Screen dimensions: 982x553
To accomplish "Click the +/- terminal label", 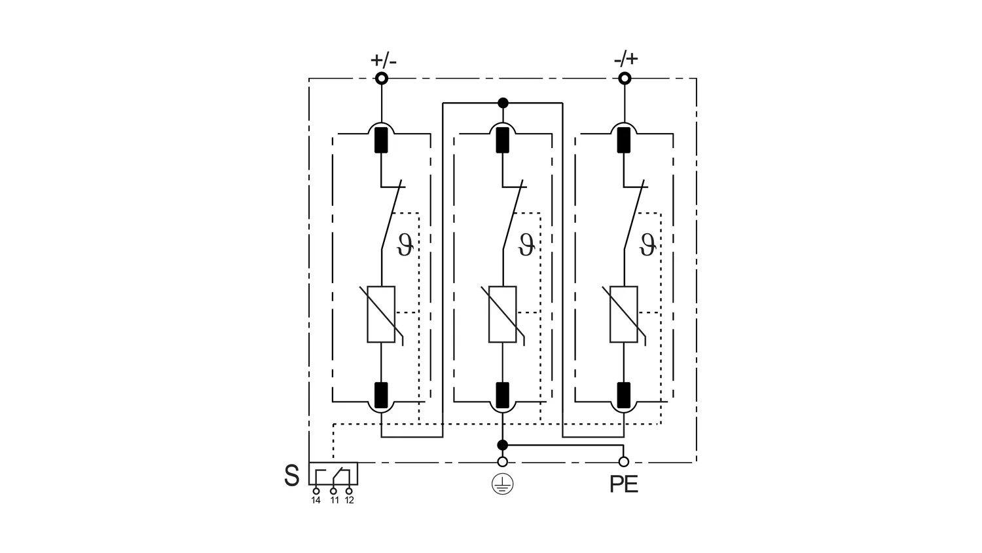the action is [x=384, y=60].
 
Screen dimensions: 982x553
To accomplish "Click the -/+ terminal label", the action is [x=626, y=59].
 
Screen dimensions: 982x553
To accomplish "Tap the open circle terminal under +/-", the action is [x=382, y=79].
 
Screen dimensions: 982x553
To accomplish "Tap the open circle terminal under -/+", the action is [x=625, y=79].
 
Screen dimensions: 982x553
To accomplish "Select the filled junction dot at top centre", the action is [x=503, y=103].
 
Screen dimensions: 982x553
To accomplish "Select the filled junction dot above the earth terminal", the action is [x=502, y=445].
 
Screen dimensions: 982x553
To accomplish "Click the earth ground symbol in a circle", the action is [x=502, y=485].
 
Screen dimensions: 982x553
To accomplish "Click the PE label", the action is [x=624, y=485].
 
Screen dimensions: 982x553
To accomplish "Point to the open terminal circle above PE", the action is [x=623, y=462].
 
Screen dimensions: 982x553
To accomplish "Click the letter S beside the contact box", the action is [x=292, y=475].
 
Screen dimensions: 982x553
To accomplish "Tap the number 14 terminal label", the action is [x=316, y=501].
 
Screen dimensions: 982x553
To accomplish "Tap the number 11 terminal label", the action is [x=335, y=501].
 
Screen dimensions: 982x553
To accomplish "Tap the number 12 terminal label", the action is [x=350, y=501].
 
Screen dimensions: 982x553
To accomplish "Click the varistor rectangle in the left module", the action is [x=381, y=315].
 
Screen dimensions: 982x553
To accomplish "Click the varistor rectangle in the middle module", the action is [x=502, y=315].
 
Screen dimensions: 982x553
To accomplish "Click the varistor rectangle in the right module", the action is [x=623, y=315].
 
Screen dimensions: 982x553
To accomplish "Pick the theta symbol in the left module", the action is [x=405, y=245].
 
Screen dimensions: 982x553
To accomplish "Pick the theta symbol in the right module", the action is [x=647, y=245].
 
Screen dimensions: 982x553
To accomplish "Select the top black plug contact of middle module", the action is [x=502, y=140].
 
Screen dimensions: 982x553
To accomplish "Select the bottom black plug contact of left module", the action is [x=381, y=395].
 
